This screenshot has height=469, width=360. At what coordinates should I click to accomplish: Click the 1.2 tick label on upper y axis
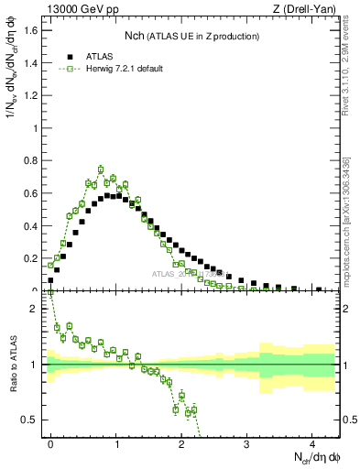(34, 95)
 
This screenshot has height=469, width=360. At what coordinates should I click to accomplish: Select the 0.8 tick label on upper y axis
(34, 160)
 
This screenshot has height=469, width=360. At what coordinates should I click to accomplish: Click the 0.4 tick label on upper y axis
(34, 226)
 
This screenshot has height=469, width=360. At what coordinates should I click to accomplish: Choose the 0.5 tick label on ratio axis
(34, 420)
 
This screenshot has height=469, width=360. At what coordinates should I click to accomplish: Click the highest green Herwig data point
(101, 169)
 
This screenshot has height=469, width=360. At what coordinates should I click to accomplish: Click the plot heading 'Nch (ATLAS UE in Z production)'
(191, 36)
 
